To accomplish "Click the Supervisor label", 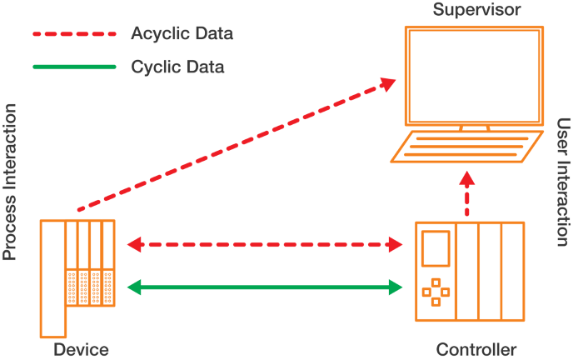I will (477, 11).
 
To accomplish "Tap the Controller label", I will (476, 349).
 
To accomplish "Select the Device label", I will (81, 349).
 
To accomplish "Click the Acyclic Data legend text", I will (182, 34).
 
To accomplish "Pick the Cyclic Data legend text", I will (177, 66).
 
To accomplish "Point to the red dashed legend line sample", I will (73, 35).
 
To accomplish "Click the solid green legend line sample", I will (73, 66).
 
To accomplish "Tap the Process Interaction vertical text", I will (10, 182).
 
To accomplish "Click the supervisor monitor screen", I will (474, 76).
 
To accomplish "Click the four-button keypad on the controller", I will (436, 292).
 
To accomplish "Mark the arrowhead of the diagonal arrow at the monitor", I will (387, 82).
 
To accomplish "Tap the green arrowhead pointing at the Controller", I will (396, 287).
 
